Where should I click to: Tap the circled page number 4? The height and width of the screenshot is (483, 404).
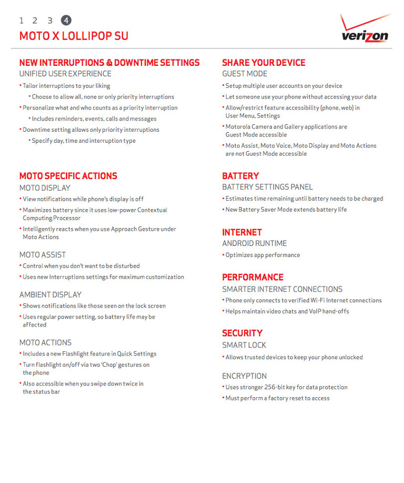pos(66,21)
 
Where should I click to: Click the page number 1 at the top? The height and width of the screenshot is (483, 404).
pos(22,21)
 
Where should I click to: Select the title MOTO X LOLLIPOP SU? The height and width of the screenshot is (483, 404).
pos(74,36)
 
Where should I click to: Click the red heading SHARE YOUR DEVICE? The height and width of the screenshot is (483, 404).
pos(264,63)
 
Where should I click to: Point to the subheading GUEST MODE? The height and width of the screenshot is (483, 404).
pos(245,74)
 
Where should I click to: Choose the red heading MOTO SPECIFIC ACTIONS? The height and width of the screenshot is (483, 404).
pos(68,176)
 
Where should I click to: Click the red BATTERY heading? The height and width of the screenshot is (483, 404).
pos(240,176)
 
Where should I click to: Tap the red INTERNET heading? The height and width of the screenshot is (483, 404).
pos(242,232)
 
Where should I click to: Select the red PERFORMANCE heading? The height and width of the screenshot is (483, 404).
pos(252,277)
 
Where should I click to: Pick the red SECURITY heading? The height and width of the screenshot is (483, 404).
pos(242,333)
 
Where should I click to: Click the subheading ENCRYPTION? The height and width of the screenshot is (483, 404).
pos(245,376)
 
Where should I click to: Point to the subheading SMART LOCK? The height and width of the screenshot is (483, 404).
pos(244,345)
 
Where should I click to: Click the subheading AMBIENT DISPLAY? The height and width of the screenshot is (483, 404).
pos(50,294)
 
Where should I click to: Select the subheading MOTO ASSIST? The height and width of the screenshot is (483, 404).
pos(43,255)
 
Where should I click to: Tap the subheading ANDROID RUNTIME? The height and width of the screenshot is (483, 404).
pos(255,243)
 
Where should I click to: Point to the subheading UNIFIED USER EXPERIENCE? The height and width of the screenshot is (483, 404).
pos(65,74)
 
